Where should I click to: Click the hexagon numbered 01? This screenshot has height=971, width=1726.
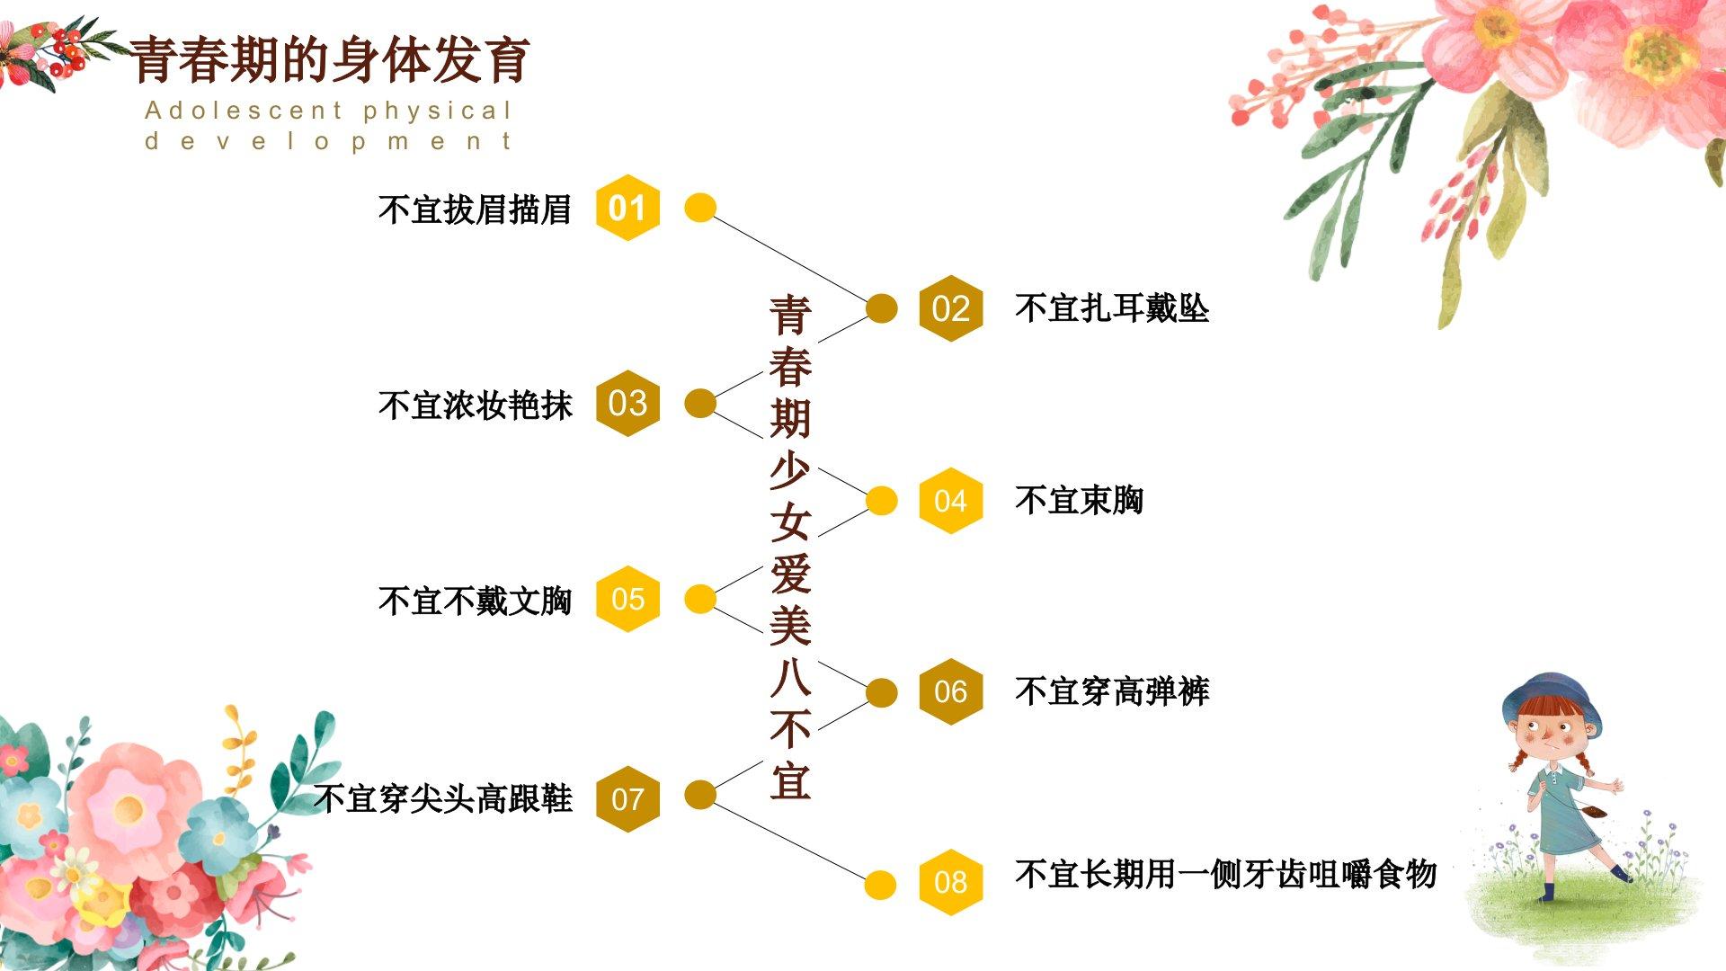pyautogui.click(x=627, y=208)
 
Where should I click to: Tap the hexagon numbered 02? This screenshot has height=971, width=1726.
pyautogui.click(x=950, y=308)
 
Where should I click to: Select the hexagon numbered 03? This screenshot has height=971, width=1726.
pyautogui.click(x=627, y=403)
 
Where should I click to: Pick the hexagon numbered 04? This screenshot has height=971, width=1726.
pyautogui.click(x=950, y=501)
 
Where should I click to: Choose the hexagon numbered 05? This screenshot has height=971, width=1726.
pyautogui.click(x=627, y=599)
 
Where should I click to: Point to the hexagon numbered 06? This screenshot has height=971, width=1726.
pyautogui.click(x=950, y=691)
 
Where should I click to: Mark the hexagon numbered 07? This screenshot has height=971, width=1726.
pyautogui.click(x=627, y=798)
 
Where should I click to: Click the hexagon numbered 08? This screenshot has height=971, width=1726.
pyautogui.click(x=950, y=882)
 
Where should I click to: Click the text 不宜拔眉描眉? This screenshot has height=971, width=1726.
pyautogui.click(x=475, y=209)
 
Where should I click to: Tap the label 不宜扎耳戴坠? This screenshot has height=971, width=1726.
pyautogui.click(x=1111, y=308)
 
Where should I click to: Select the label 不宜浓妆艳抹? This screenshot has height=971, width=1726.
pyautogui.click(x=475, y=405)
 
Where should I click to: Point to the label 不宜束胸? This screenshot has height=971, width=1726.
pyautogui.click(x=1079, y=501)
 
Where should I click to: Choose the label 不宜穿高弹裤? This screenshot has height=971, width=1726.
pyautogui.click(x=1111, y=691)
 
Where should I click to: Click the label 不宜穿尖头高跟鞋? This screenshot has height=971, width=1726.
pyautogui.click(x=442, y=798)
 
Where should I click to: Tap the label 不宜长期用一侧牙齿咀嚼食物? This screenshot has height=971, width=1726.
pyautogui.click(x=1224, y=874)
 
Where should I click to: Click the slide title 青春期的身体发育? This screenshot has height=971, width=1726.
pyautogui.click(x=330, y=60)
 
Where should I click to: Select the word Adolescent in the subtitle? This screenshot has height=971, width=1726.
pyautogui.click(x=244, y=111)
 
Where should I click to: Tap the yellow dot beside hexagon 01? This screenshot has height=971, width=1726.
pyautogui.click(x=700, y=208)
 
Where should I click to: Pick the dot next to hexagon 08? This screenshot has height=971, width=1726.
pyautogui.click(x=881, y=885)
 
